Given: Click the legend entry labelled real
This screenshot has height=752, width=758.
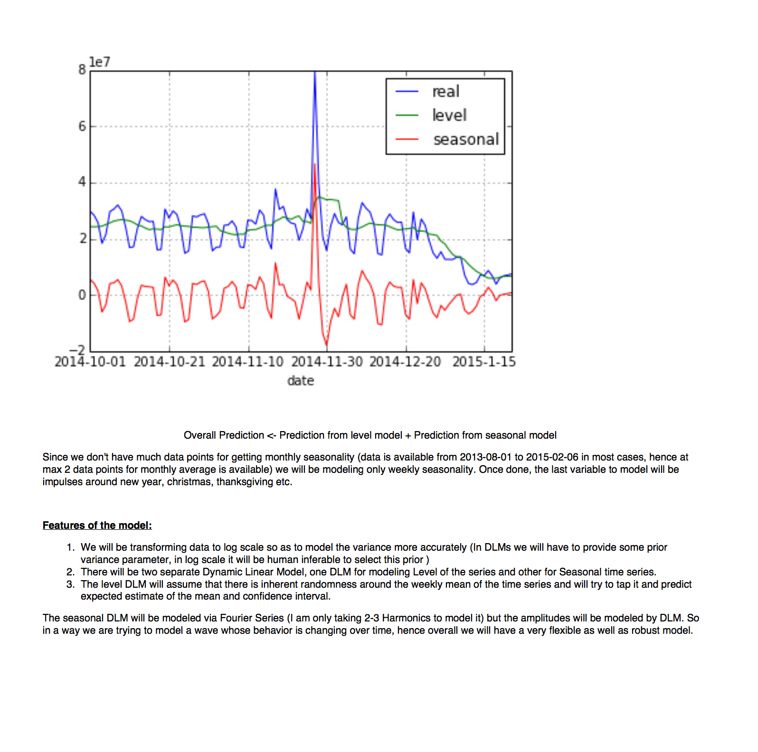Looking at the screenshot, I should click(445, 91).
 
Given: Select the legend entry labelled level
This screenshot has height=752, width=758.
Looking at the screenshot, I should click(449, 115).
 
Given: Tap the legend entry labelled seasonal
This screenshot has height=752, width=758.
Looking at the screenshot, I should click(465, 139).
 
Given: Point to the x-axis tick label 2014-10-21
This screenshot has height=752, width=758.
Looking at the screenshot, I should click(169, 362).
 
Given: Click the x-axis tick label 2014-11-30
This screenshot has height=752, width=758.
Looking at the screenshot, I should click(327, 362).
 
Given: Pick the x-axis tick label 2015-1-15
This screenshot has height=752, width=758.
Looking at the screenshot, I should click(484, 362).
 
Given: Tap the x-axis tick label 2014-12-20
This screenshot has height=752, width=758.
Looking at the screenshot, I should click(405, 362).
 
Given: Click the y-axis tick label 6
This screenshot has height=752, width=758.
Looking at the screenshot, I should click(82, 126).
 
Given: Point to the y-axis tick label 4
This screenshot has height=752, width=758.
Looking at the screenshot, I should click(82, 182).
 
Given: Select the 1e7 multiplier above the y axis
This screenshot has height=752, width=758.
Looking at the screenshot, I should click(100, 62).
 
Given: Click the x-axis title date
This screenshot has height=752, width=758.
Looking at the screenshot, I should click(301, 381).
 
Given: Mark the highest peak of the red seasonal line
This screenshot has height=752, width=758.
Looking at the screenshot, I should click(314, 164).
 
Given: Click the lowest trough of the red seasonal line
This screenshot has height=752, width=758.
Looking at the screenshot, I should click(326, 345).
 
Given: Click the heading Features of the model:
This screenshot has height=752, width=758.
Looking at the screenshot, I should click(97, 525).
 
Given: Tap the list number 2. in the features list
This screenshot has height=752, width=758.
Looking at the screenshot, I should click(71, 572).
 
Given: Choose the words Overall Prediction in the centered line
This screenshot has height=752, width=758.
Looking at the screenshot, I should click(224, 435).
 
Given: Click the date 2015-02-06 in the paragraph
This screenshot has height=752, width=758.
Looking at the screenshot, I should click(552, 457).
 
